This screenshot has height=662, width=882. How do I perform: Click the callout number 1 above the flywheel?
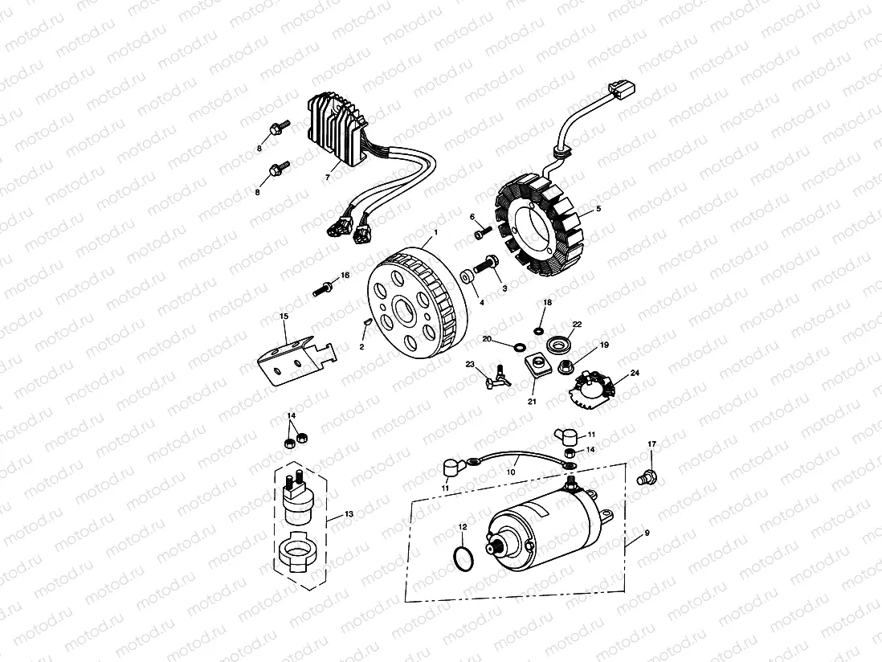click(435, 232)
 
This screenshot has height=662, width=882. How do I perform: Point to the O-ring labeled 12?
click(461, 557)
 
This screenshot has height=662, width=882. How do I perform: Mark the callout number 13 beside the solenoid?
click(349, 513)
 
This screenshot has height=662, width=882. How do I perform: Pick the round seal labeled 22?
click(556, 345)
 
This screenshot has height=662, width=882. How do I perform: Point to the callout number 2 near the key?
click(362, 346)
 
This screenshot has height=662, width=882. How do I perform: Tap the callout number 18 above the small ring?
click(548, 303)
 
